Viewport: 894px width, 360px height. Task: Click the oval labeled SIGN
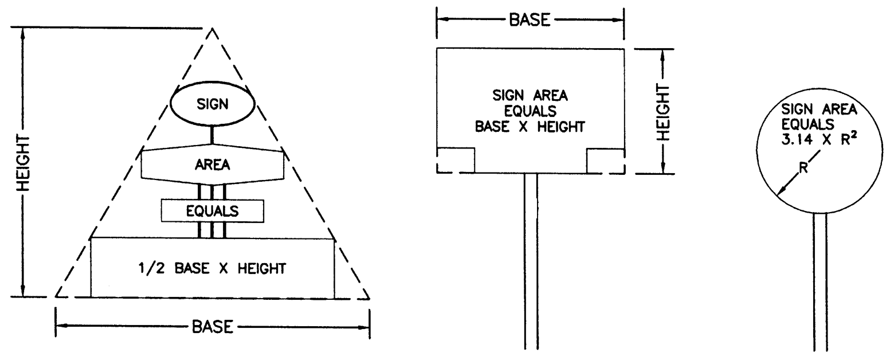click(x=212, y=104)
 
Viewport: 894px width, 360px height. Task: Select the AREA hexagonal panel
click(x=212, y=165)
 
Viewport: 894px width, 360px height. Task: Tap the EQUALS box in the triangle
click(x=212, y=211)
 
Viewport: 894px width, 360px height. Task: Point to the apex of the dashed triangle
click(x=213, y=28)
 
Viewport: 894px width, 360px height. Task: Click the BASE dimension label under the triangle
click(x=212, y=327)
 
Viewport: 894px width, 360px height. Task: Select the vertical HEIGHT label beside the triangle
click(x=23, y=163)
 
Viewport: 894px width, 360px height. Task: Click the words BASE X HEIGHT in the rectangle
click(x=530, y=127)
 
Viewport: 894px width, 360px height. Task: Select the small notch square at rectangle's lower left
click(x=456, y=160)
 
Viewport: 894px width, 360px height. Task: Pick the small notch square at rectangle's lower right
click(x=605, y=160)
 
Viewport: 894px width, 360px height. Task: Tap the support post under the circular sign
click(x=820, y=281)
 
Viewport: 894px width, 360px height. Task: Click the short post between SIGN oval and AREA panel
click(x=212, y=134)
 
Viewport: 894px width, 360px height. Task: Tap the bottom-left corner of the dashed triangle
click(x=56, y=298)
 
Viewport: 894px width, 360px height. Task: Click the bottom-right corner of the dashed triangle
click(x=369, y=299)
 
